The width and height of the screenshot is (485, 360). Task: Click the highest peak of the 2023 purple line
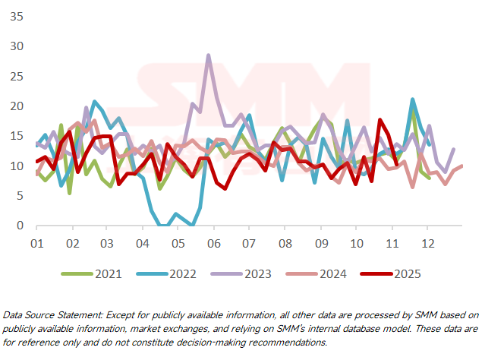tap(209, 55)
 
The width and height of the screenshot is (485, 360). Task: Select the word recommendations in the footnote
tap(286, 343)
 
